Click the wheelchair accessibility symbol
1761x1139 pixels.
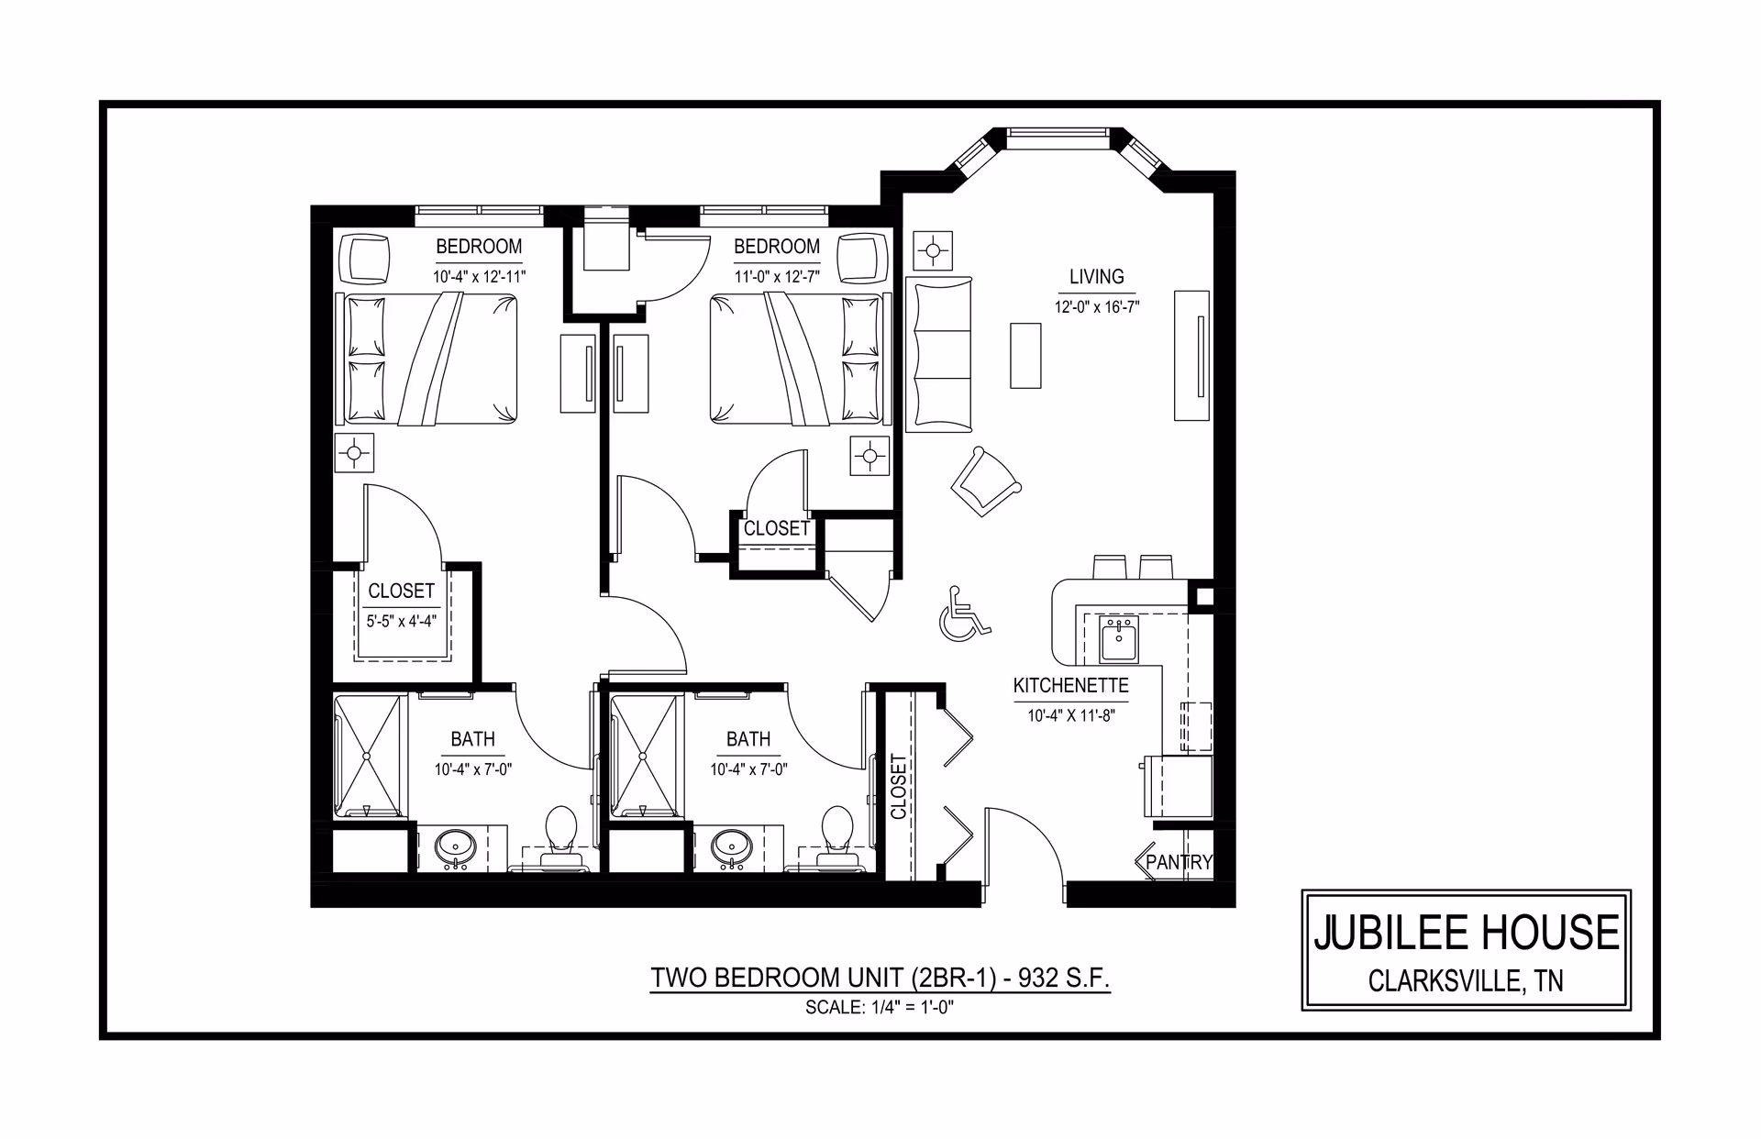coord(964,614)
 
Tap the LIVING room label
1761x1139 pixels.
coord(1096,276)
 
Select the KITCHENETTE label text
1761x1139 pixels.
coord(1070,686)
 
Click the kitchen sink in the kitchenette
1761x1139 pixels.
coord(1118,639)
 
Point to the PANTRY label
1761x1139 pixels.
coord(1179,862)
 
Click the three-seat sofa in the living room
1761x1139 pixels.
coord(938,354)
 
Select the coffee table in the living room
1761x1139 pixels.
coord(1025,355)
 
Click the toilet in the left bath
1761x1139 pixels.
coord(559,836)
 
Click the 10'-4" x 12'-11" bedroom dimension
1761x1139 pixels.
coord(480,276)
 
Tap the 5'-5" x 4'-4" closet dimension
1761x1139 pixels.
coord(401,621)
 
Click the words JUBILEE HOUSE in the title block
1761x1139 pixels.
coord(1467,933)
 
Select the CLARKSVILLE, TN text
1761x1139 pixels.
coord(1466,981)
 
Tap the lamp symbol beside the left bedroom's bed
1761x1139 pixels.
coord(354,452)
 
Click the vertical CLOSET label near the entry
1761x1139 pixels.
coord(898,786)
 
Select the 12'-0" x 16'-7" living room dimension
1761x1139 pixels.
coord(1097,307)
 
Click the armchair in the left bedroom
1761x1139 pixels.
coord(365,260)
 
